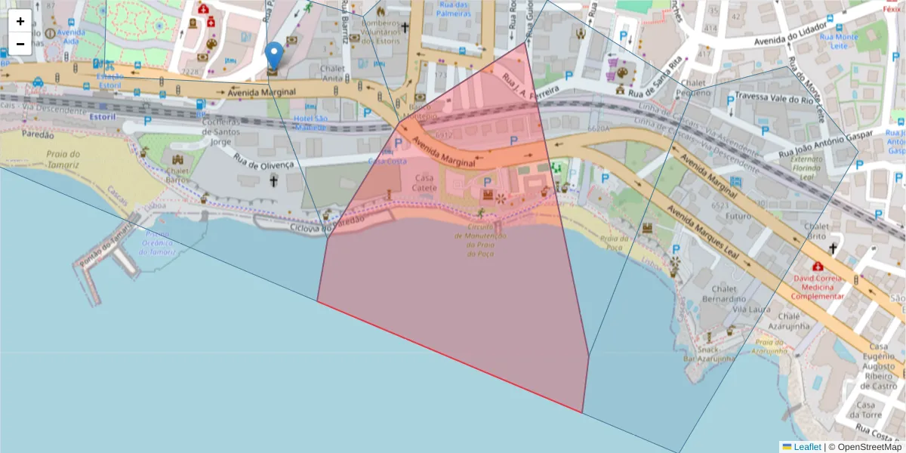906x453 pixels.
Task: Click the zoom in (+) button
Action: [20, 21]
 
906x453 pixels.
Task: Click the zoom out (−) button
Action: [20, 44]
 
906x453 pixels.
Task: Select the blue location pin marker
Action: [274, 57]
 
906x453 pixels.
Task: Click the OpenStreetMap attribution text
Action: [869, 446]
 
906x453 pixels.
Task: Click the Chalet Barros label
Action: [178, 175]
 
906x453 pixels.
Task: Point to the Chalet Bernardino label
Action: [718, 294]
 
